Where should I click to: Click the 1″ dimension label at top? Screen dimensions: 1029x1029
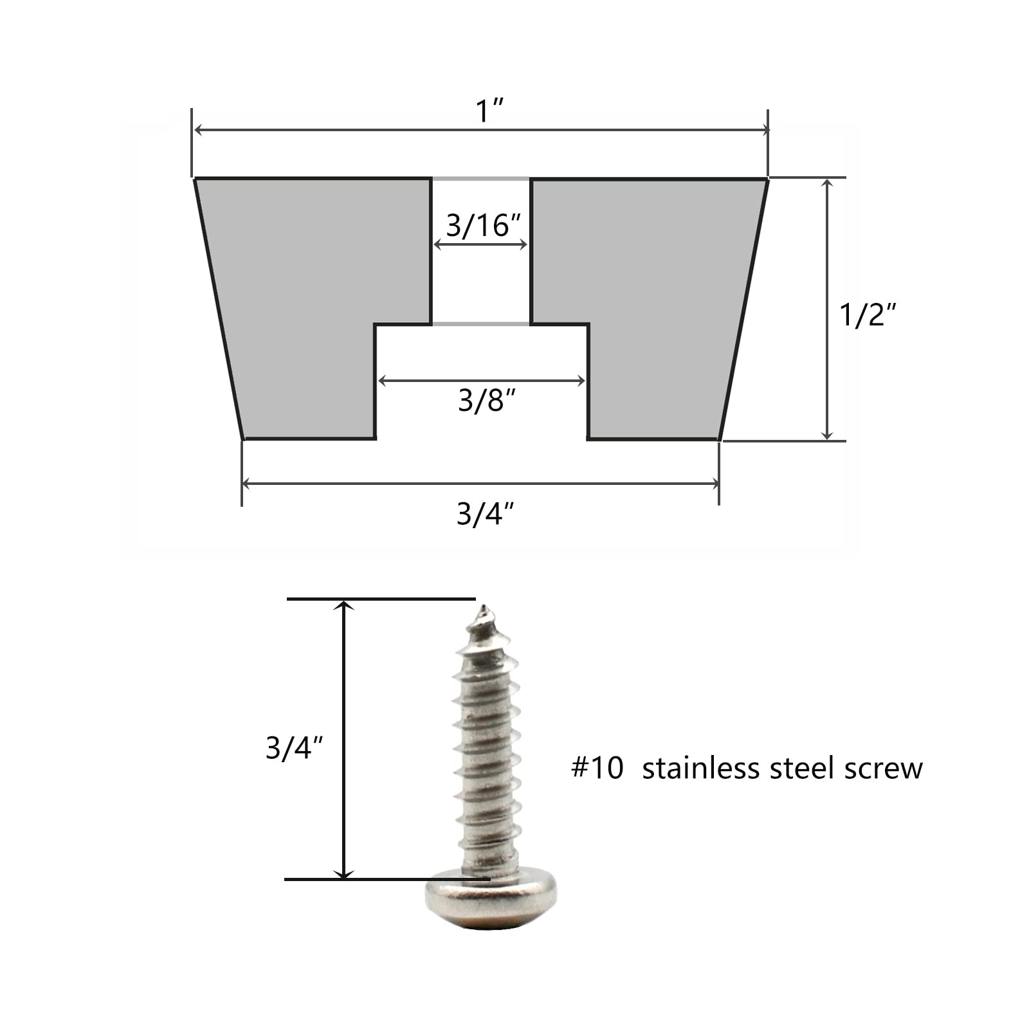[x=488, y=111]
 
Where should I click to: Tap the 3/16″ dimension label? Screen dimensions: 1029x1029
[x=482, y=225]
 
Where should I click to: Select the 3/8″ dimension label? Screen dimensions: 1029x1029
[x=487, y=401]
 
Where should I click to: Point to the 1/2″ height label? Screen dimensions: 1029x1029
[x=868, y=315]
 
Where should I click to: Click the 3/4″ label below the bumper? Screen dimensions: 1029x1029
[x=486, y=514]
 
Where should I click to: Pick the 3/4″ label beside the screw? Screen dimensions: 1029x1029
[x=294, y=748]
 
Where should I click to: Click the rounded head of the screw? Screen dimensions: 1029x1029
[x=491, y=897]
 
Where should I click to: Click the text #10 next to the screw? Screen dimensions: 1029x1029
[x=597, y=769]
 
